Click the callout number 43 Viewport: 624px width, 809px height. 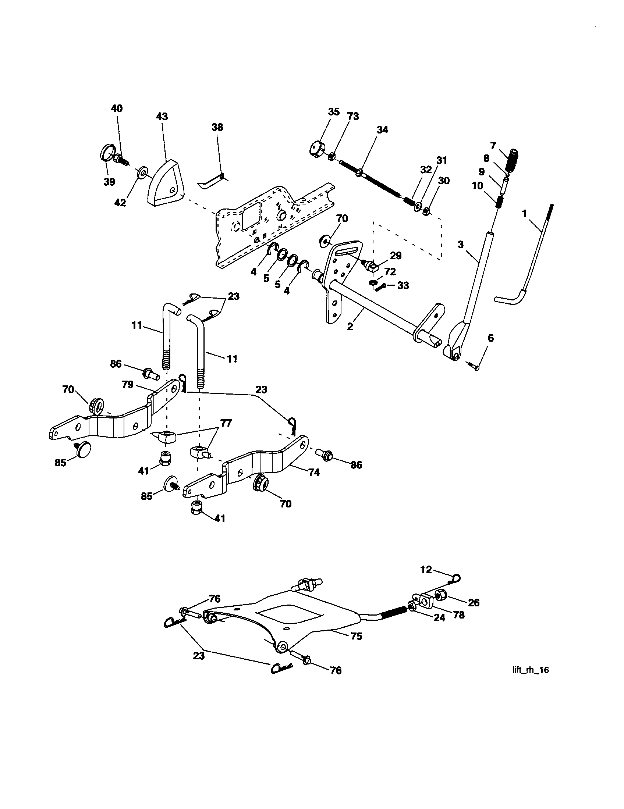tap(162, 116)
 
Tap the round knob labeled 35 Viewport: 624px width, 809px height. tap(316, 149)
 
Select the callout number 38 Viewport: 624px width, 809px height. tap(217, 127)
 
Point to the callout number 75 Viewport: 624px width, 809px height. tap(356, 636)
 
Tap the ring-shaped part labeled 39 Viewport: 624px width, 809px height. tap(107, 154)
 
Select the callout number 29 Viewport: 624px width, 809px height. tap(396, 256)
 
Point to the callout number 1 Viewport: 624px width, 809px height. tap(524, 214)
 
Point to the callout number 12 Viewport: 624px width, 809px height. tap(426, 569)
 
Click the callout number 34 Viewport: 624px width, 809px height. tap(382, 130)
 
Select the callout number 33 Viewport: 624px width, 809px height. tap(403, 285)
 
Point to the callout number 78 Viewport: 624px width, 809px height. tap(458, 615)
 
